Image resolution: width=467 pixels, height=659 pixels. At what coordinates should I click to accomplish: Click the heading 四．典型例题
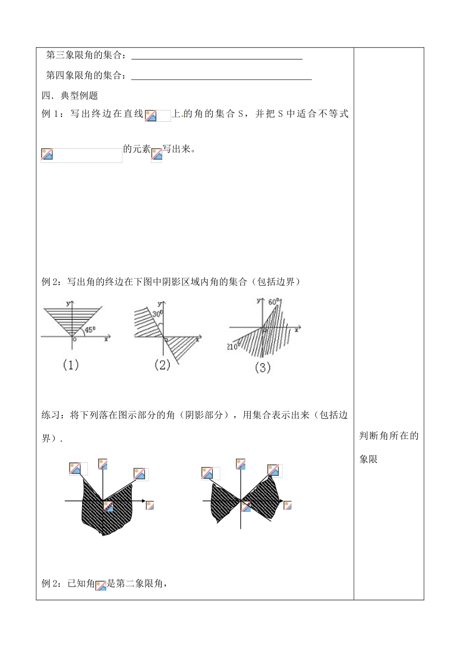70,95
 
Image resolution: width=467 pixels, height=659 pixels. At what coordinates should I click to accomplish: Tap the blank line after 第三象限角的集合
217,58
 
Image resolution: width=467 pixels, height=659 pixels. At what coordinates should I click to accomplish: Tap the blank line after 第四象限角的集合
222,78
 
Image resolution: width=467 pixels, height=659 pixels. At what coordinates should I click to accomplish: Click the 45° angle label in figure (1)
90,330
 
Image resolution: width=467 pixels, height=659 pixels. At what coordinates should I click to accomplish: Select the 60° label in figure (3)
274,302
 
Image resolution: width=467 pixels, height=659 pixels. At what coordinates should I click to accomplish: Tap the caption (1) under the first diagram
71,365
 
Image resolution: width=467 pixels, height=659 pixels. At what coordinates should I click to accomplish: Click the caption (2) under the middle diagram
162,365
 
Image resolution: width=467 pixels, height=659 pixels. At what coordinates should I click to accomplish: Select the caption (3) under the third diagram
263,367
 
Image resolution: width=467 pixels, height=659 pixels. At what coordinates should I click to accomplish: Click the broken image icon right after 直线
151,115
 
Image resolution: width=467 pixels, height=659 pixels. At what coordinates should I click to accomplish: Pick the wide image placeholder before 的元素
82,155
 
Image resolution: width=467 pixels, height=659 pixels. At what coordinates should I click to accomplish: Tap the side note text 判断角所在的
388,436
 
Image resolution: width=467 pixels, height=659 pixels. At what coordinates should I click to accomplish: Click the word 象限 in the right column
368,459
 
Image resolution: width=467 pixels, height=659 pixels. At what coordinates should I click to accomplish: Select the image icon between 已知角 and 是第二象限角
101,585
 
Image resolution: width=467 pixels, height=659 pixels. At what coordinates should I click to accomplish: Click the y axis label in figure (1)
66,303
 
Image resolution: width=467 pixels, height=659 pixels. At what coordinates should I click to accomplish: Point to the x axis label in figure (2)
198,339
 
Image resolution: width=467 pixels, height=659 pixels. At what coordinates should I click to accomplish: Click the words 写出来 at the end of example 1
176,149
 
